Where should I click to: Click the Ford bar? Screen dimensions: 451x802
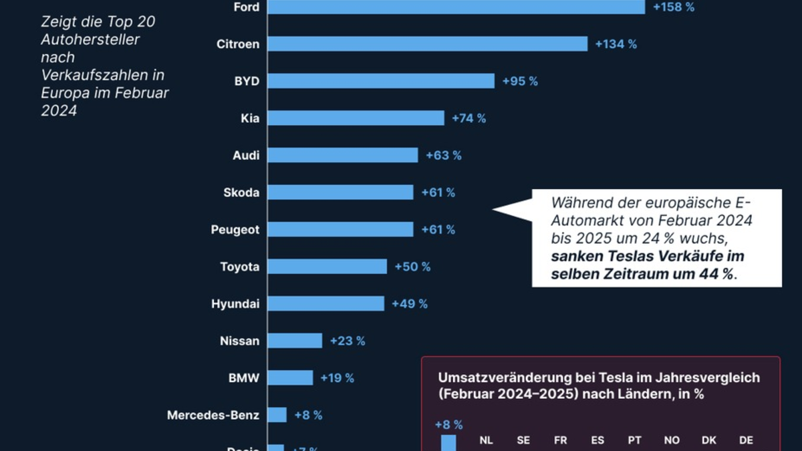pos(456,7)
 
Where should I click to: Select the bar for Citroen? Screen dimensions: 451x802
pos(428,44)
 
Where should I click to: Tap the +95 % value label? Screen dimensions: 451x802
pos(520,82)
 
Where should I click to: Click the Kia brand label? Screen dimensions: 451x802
pos(250,118)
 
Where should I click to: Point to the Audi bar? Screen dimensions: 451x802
pos(343,155)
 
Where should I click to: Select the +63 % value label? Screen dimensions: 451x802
pos(444,156)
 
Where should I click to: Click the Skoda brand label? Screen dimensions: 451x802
pos(241,192)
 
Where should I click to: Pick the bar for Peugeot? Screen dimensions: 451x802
pos(341,229)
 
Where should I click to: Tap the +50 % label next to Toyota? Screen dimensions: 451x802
pos(412,267)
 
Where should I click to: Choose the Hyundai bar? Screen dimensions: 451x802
pos(326,303)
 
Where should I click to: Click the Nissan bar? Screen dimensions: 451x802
pos(295,341)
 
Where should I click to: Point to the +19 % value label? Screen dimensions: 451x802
pos(337,378)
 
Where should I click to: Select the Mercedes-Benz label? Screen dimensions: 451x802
pos(213,415)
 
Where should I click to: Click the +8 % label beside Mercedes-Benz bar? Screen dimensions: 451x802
pos(307,415)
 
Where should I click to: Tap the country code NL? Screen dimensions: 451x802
pos(486,440)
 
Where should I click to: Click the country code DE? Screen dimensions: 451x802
pos(746,440)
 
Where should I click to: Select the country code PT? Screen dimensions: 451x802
pos(635,440)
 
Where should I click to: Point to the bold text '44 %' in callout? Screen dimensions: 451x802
pos(719,275)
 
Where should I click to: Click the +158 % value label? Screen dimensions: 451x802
pos(674,7)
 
